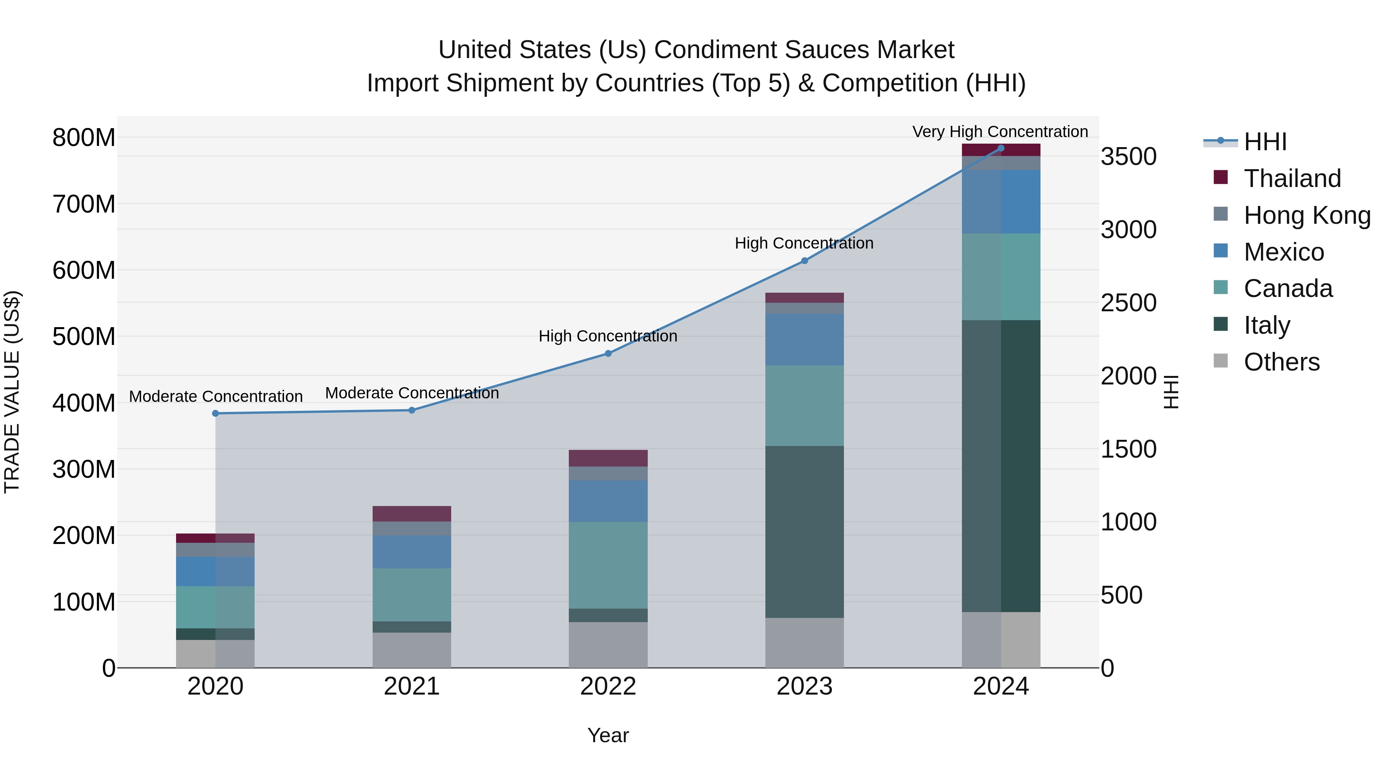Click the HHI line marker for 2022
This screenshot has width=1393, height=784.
click(608, 353)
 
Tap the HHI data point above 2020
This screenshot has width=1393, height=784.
click(215, 413)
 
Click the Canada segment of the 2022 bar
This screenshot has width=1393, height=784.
click(608, 565)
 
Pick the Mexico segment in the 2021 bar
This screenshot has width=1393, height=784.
click(412, 551)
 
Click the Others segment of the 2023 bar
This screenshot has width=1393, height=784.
click(804, 642)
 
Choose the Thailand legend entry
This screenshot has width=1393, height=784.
click(1292, 178)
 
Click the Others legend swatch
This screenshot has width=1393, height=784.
click(1220, 361)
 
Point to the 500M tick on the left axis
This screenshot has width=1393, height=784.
click(84, 336)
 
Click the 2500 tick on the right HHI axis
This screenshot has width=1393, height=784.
click(1129, 303)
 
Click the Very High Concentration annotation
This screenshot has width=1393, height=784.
click(1000, 132)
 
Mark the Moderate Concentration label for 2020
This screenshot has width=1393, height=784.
click(215, 396)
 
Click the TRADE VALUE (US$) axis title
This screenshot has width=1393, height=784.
click(12, 392)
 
